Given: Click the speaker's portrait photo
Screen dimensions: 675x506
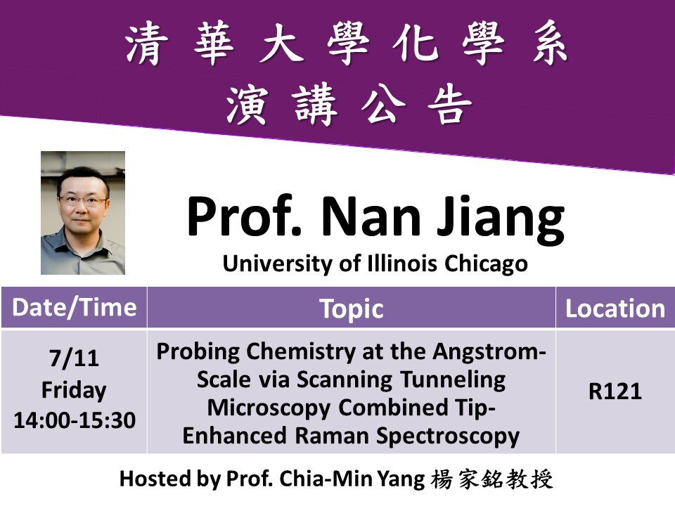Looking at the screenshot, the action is pyautogui.click(x=83, y=212).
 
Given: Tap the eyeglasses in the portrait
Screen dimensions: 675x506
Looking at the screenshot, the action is pyautogui.click(x=82, y=200).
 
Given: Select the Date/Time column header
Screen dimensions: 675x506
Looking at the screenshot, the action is pyautogui.click(x=75, y=307).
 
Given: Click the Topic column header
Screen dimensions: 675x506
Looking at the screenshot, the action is pyautogui.click(x=352, y=309).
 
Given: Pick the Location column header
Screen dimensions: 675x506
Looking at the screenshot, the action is pyautogui.click(x=615, y=309).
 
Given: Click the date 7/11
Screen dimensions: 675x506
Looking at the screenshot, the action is pyautogui.click(x=74, y=358).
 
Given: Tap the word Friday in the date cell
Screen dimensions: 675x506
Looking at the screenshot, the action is pyautogui.click(x=74, y=390).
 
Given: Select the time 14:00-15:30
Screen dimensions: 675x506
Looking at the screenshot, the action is pyautogui.click(x=75, y=420).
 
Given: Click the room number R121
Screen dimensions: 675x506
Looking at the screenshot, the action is pyautogui.click(x=615, y=391).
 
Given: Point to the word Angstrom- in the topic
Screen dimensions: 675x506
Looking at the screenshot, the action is pyautogui.click(x=489, y=352).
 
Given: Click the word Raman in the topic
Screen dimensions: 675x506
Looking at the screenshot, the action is pyautogui.click(x=333, y=435).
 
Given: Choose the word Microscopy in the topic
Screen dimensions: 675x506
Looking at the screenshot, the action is pyautogui.click(x=269, y=408).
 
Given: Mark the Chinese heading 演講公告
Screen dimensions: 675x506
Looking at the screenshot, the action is pyautogui.click(x=349, y=105).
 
